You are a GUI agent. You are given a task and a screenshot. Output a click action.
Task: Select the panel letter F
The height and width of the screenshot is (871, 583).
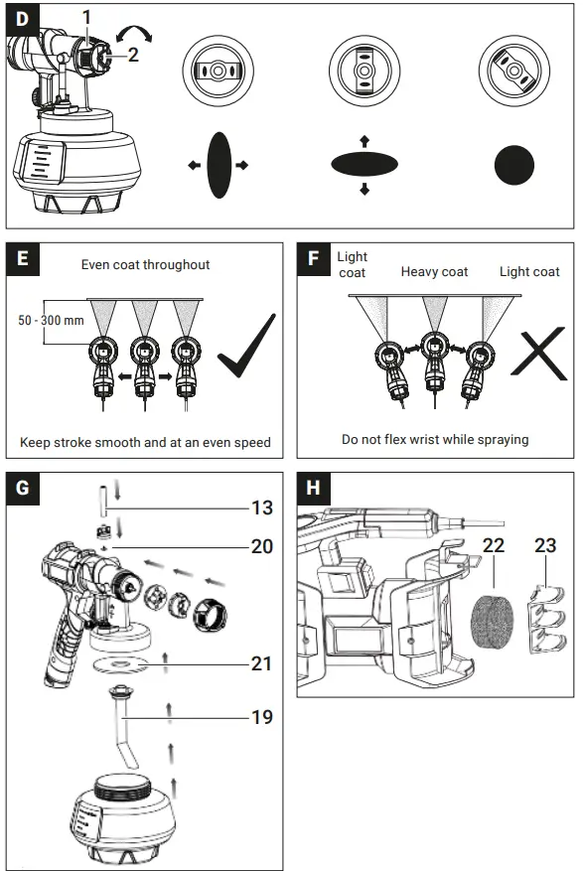click(314, 260)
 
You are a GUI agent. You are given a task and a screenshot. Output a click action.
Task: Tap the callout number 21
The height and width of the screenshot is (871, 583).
click(260, 663)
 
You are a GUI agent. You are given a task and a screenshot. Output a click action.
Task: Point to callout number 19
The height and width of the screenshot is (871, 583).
click(260, 715)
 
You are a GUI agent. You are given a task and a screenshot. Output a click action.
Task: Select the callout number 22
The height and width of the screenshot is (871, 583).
click(493, 545)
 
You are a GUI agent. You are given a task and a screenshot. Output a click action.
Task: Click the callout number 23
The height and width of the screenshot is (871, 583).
click(545, 545)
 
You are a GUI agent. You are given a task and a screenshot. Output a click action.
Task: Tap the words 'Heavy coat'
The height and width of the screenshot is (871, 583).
click(434, 271)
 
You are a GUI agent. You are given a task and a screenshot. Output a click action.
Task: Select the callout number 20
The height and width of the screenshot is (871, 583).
click(260, 547)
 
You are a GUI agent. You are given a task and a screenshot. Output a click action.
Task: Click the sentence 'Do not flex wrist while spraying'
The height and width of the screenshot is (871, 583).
click(434, 439)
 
